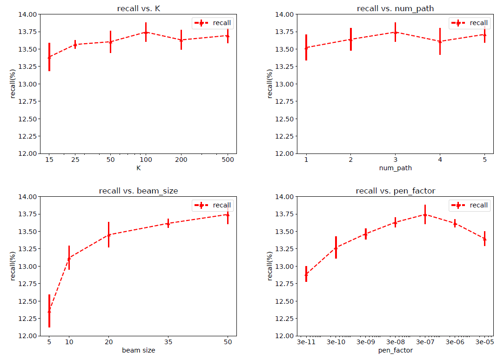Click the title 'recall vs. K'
click(x=138, y=8)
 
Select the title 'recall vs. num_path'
click(x=395, y=8)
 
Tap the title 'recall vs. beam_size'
click(x=138, y=191)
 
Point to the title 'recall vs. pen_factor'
click(x=395, y=191)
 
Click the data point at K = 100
click(x=146, y=32)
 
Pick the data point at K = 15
click(x=49, y=57)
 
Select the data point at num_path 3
click(x=395, y=32)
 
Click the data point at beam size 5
click(x=49, y=311)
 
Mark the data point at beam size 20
click(x=108, y=235)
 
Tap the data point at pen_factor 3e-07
click(x=425, y=214)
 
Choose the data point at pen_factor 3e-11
click(x=306, y=274)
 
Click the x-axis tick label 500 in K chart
click(x=228, y=160)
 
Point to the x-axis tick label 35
click(x=168, y=342)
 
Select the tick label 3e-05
click(x=484, y=342)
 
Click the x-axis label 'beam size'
click(x=138, y=350)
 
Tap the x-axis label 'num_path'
click(x=395, y=168)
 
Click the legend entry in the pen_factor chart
click(x=470, y=205)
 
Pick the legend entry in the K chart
click(x=213, y=23)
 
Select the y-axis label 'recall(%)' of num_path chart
click(x=269, y=84)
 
